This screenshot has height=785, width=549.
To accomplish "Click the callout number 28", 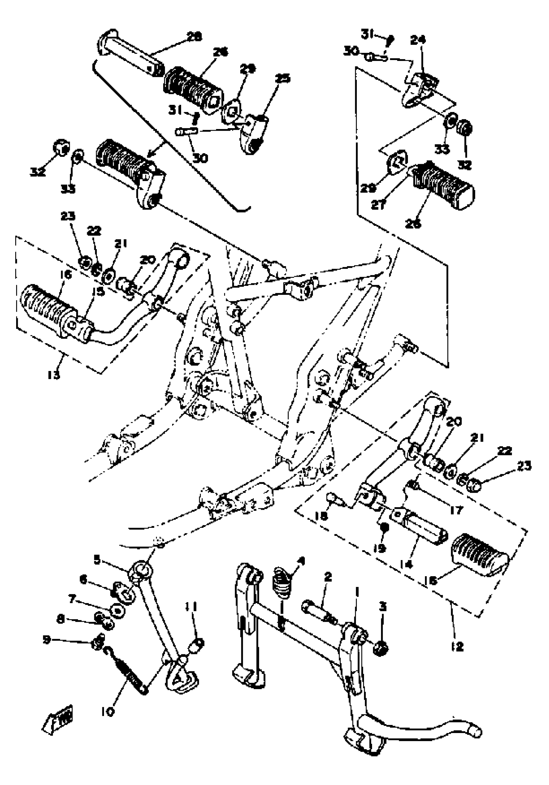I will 194,36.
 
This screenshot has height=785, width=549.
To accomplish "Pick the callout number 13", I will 54,375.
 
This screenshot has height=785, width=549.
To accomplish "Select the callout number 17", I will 456,510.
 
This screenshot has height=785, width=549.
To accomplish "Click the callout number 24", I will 418,40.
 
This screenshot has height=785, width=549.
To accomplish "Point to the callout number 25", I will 283,78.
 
